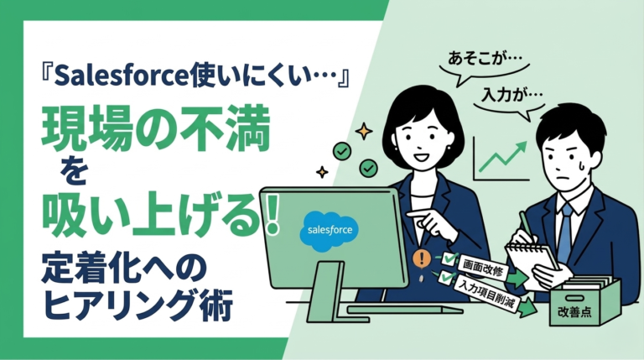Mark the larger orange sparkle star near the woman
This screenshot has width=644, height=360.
coord(363,131)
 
